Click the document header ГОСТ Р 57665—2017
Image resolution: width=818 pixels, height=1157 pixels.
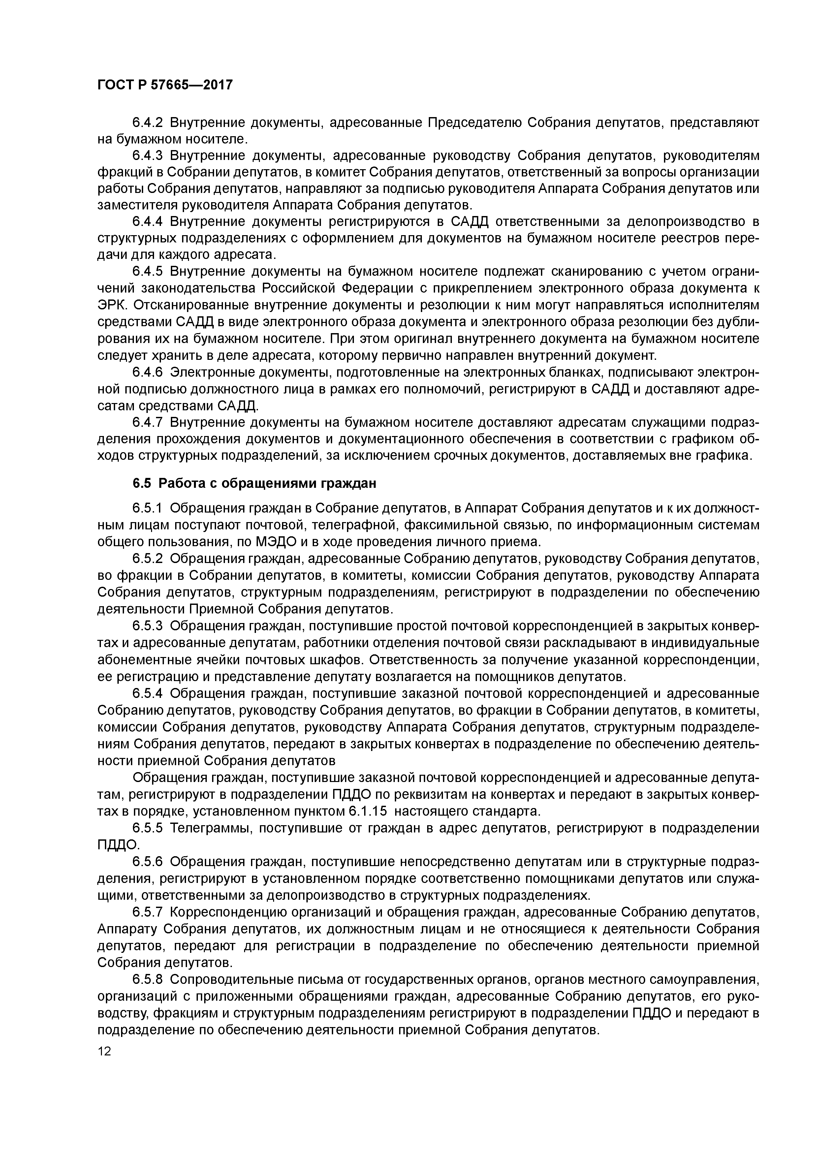pos(165,85)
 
